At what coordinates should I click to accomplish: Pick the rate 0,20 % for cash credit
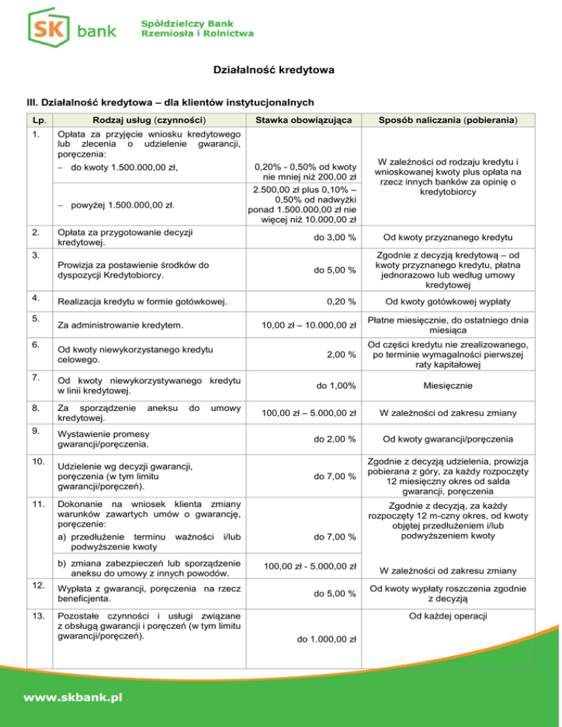(x=341, y=300)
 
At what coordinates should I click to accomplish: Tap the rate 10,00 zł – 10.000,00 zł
(x=310, y=324)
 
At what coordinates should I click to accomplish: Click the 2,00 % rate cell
(x=341, y=355)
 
